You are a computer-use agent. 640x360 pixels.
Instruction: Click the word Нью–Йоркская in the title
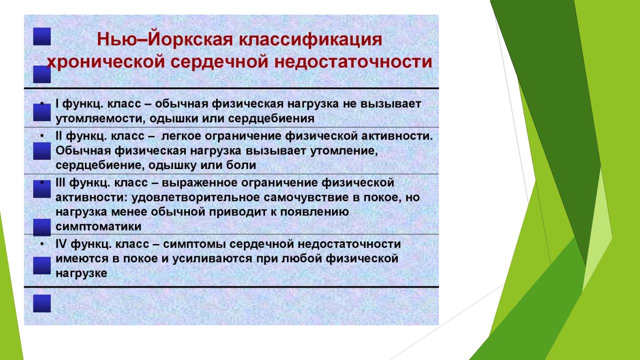pos(165,39)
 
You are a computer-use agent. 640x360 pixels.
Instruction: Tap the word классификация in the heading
pos(310,40)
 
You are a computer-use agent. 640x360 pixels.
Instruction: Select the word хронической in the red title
pos(106,62)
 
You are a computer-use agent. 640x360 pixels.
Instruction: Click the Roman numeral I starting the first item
pos(57,103)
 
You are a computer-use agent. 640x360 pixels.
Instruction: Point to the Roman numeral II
pos(59,136)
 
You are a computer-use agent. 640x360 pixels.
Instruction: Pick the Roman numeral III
pos(60,182)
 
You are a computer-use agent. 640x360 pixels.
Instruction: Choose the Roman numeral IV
pos(61,244)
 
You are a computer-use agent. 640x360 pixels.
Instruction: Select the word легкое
pos(181,136)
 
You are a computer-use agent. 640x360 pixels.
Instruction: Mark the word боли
pos(241,165)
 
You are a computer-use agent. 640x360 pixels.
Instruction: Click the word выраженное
pos(199,183)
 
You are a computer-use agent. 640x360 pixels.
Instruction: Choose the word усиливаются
pos(211,259)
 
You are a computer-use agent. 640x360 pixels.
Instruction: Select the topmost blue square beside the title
pos(42,36)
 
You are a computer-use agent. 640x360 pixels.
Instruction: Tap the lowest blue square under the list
pos(42,303)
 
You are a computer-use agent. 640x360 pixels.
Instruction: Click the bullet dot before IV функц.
pos(42,244)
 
